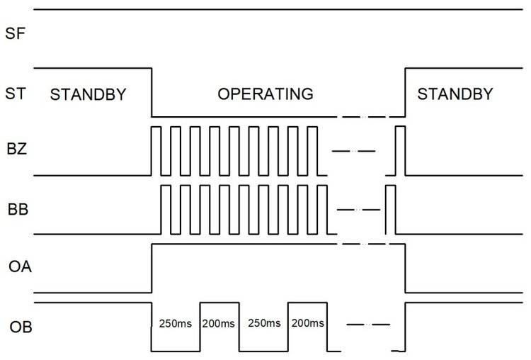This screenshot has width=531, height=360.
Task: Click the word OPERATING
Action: (265, 94)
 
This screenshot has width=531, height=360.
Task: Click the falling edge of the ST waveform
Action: (152, 92)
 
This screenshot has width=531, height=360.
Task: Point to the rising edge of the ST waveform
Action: (404, 92)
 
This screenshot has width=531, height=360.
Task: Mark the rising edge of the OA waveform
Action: (152, 268)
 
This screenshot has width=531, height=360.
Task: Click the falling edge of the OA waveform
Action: (404, 268)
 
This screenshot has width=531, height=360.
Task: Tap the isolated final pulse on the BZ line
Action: (400, 150)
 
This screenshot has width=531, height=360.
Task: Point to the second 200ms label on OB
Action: (308, 324)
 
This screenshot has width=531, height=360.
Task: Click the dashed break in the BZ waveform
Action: (353, 151)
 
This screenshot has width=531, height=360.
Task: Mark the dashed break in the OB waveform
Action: (368, 325)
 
